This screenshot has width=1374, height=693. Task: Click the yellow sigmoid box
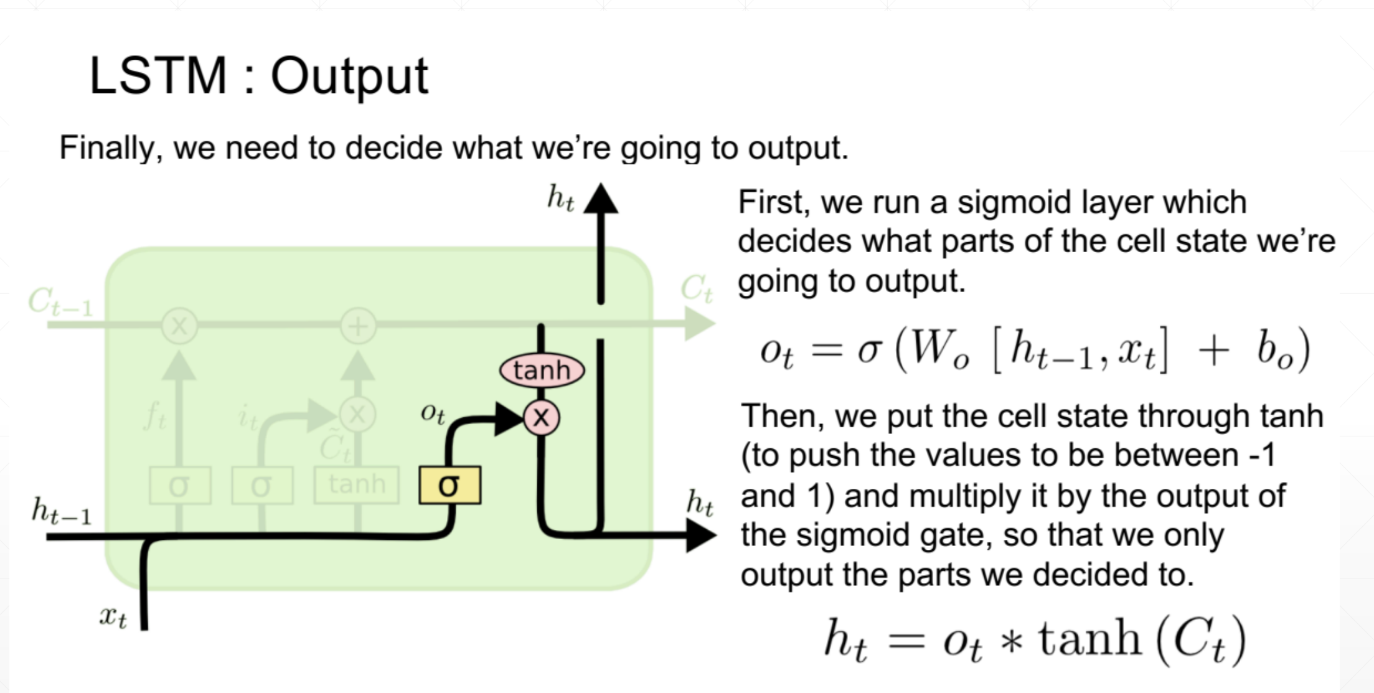tap(449, 485)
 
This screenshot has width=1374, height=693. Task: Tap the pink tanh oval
tap(542, 370)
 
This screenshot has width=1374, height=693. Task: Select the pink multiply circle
tap(541, 417)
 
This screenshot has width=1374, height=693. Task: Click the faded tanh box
tap(357, 484)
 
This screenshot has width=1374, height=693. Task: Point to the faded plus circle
tap(358, 326)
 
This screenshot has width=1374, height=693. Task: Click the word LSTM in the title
tap(158, 76)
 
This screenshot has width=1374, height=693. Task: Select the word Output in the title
tap(349, 77)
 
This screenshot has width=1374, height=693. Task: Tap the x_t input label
tap(113, 616)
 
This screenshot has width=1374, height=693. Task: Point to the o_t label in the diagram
tap(433, 412)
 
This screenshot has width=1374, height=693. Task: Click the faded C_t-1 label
tap(60, 302)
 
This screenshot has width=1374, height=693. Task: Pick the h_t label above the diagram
tap(560, 198)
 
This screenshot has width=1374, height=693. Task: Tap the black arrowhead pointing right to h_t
tap(701, 535)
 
